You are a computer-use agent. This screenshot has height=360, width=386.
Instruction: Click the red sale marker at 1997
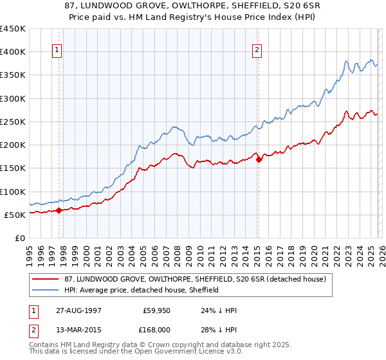tap(59, 210)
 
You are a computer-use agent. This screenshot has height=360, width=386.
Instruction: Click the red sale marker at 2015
tap(259, 160)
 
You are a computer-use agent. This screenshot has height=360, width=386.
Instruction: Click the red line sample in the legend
tap(46, 279)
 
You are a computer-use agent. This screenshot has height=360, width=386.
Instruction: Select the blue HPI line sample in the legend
tap(46, 290)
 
